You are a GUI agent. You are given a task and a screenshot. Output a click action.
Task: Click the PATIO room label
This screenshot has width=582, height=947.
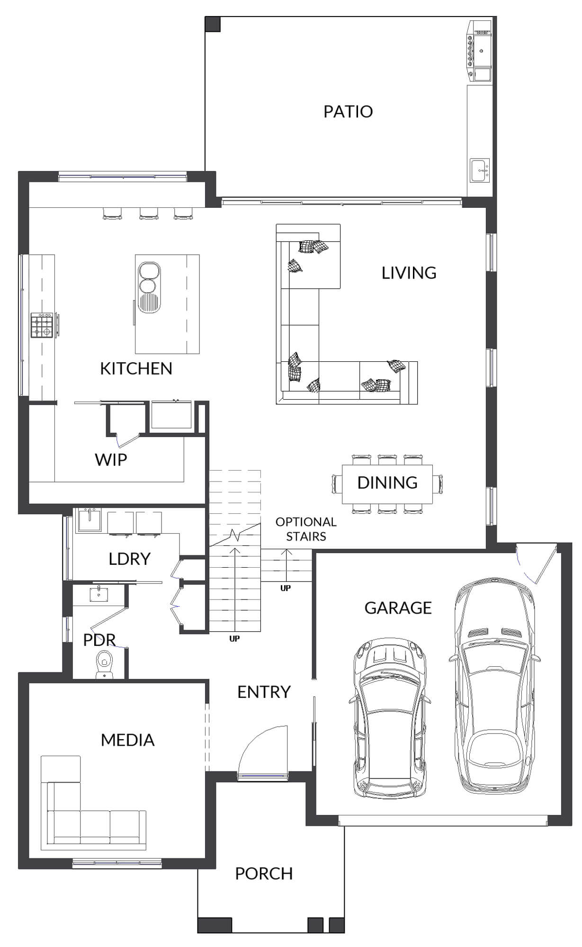click(x=348, y=112)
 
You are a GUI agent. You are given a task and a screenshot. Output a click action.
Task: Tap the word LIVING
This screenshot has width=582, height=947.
click(x=409, y=273)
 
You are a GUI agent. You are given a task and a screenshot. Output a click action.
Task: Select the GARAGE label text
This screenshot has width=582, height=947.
click(x=398, y=608)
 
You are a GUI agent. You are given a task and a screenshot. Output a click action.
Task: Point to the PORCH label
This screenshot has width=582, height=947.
click(x=264, y=874)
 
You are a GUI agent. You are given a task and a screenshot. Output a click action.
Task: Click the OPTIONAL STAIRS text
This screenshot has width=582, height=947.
click(x=306, y=529)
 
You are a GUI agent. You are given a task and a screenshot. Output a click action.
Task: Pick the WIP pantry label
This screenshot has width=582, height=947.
click(x=111, y=460)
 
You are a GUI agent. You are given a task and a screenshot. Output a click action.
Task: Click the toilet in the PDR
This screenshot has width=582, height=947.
click(x=103, y=663)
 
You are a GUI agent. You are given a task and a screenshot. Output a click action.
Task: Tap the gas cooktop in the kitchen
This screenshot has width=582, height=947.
click(x=42, y=325)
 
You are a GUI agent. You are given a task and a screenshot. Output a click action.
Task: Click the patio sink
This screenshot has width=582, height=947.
click(x=480, y=170)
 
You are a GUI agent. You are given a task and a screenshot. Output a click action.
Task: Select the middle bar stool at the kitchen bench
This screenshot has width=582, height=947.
click(x=148, y=214)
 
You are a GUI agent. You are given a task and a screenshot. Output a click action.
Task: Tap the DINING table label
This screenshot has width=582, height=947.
click(x=387, y=483)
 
